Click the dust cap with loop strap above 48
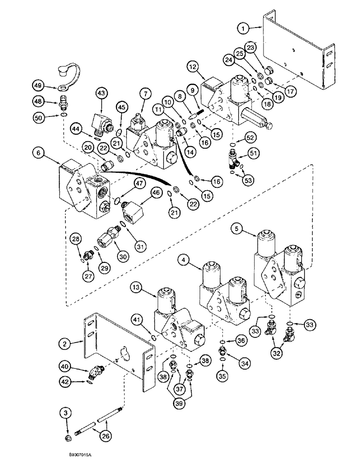[63, 73]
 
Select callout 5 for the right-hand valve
[238, 229]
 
